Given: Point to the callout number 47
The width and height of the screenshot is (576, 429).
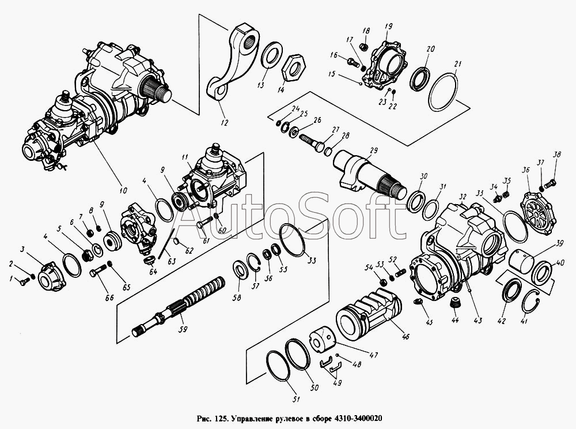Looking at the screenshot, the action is coord(374,355).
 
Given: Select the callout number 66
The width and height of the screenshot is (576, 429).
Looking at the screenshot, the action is coord(109,298).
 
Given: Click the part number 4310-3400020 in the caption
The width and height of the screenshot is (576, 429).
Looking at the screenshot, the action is coord(358,419).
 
